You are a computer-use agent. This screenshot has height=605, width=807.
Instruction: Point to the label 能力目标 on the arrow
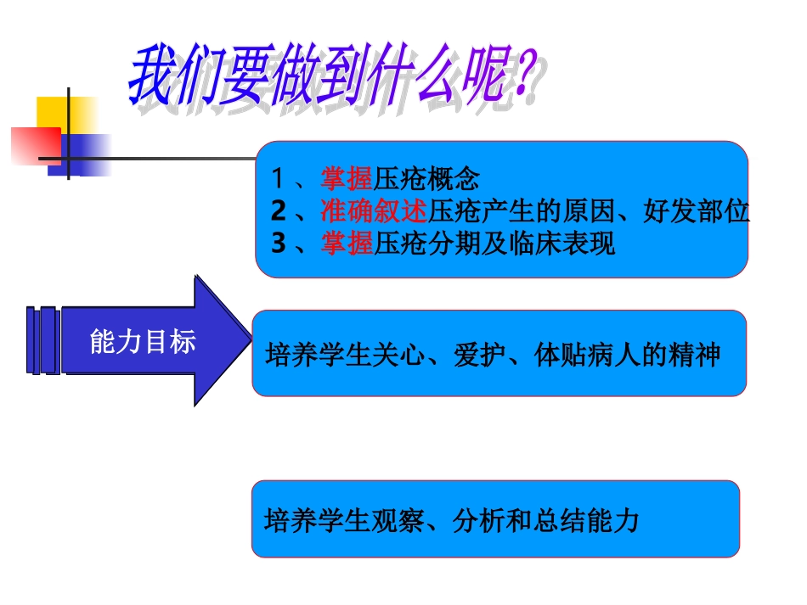142,341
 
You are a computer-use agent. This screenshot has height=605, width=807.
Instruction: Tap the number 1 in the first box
278,178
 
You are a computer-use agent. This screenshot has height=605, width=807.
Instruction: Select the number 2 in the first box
279,210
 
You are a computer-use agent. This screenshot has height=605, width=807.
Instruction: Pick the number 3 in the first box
279,244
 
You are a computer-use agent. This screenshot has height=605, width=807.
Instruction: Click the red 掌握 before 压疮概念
347,178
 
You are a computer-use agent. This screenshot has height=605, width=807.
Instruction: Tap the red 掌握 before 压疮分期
347,244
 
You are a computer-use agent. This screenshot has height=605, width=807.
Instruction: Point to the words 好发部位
697,210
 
